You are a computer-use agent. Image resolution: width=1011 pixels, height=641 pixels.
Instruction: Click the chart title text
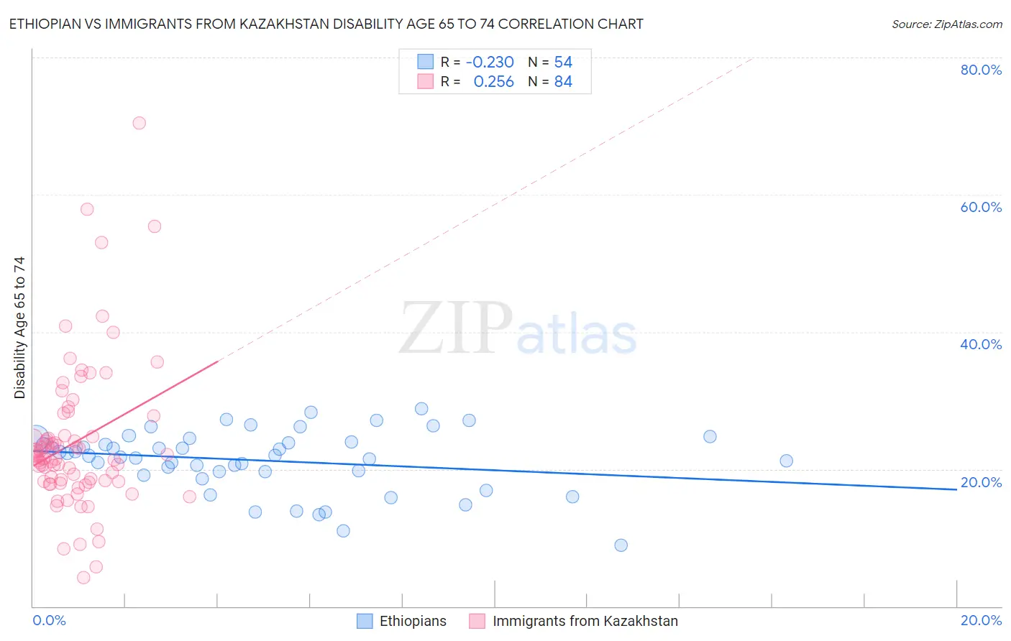pyautogui.click(x=326, y=24)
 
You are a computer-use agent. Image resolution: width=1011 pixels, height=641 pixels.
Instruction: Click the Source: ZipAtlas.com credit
pyautogui.click(x=946, y=24)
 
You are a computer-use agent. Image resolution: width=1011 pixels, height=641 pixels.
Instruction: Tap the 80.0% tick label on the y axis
pyautogui.click(x=981, y=70)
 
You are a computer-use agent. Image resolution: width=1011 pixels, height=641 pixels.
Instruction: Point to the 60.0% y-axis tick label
pyautogui.click(x=981, y=207)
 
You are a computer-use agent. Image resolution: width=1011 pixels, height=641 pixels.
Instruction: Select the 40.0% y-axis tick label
pyautogui.click(x=981, y=344)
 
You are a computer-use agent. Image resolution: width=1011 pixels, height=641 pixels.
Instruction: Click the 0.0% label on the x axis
pyautogui.click(x=49, y=620)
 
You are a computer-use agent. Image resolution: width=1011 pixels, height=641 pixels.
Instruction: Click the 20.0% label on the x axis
pyautogui.click(x=981, y=620)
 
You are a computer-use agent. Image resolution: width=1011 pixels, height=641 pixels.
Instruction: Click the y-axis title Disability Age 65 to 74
pyautogui.click(x=19, y=328)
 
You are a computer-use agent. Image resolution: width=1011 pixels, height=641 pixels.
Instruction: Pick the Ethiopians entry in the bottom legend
pyautogui.click(x=412, y=621)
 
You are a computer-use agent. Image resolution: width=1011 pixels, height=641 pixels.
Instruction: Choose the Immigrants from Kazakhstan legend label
pyautogui.click(x=585, y=621)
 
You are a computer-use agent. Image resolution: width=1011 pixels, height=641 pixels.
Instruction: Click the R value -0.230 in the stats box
pyautogui.click(x=490, y=62)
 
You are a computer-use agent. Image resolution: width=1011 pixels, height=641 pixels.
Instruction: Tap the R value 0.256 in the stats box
pyautogui.click(x=493, y=82)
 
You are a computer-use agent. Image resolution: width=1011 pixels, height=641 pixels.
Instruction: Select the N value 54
pyautogui.click(x=563, y=62)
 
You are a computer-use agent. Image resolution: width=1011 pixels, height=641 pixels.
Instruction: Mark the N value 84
pyautogui.click(x=563, y=82)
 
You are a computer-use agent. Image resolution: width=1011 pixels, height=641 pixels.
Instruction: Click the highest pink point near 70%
pyautogui.click(x=139, y=123)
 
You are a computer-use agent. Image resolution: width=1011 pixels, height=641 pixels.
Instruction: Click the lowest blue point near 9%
pyautogui.click(x=621, y=545)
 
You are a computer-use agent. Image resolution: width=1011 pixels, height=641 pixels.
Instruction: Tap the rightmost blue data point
pyautogui.click(x=786, y=461)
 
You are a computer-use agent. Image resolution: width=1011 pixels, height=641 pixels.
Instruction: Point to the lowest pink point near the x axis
pyautogui.click(x=83, y=578)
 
